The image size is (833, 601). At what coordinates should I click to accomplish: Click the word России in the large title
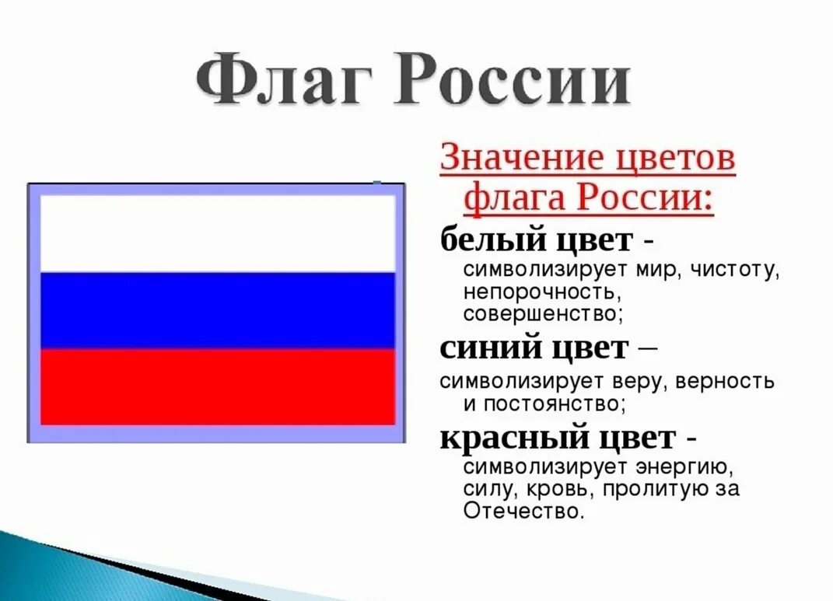pyautogui.click(x=510, y=79)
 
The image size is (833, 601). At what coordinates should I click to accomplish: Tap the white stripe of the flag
pyautogui.click(x=217, y=232)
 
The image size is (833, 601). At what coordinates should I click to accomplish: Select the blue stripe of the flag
pyautogui.click(x=217, y=309)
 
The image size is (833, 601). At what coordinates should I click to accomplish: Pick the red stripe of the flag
pyautogui.click(x=217, y=386)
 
